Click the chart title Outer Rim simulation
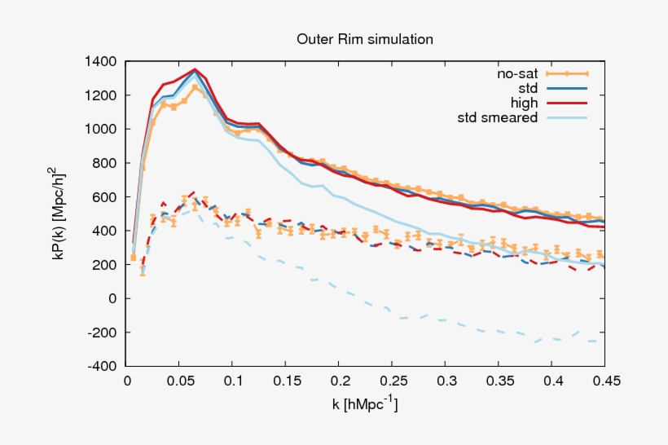(x=364, y=39)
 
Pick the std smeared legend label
(x=498, y=117)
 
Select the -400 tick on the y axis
(x=102, y=367)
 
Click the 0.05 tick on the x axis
(x=179, y=381)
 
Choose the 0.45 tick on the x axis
(x=604, y=381)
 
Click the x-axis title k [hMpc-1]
(x=364, y=403)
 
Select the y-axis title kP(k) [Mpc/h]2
(x=71, y=214)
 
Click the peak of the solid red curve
(x=195, y=69)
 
